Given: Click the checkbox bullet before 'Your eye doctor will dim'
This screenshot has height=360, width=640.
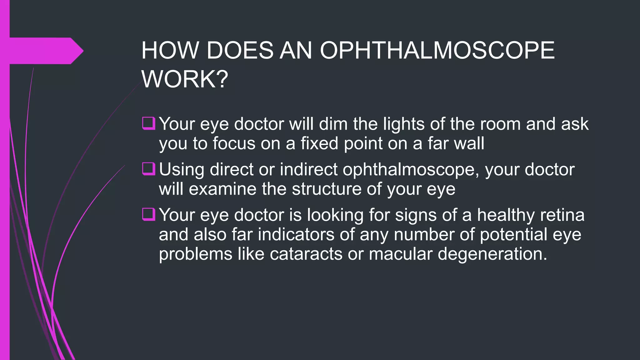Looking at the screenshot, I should point(149,123).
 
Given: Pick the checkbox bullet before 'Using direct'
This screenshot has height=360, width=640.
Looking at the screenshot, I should point(149,169).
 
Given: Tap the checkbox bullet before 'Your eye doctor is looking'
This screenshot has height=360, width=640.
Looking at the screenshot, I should point(149,214).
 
